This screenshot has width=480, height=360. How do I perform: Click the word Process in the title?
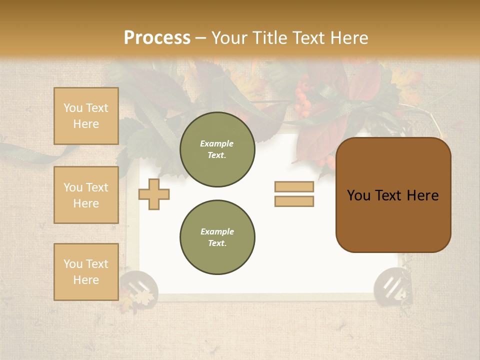(x=157, y=38)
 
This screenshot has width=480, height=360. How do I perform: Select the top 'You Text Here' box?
(x=86, y=116)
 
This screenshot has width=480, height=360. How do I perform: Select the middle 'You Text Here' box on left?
(x=86, y=195)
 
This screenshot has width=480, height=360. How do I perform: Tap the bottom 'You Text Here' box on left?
(x=86, y=271)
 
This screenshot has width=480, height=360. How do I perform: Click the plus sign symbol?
(x=154, y=193)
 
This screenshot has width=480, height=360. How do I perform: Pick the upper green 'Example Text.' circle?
(x=217, y=149)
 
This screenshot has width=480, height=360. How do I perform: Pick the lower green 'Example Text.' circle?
(x=217, y=237)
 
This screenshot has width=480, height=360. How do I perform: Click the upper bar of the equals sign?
(x=294, y=186)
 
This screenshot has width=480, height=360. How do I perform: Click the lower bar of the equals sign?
(x=294, y=201)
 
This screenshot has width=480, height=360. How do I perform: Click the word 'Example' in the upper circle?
(x=217, y=143)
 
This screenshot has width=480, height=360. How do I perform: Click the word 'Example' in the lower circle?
(x=217, y=231)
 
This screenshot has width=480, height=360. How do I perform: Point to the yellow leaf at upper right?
(x=406, y=80)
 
